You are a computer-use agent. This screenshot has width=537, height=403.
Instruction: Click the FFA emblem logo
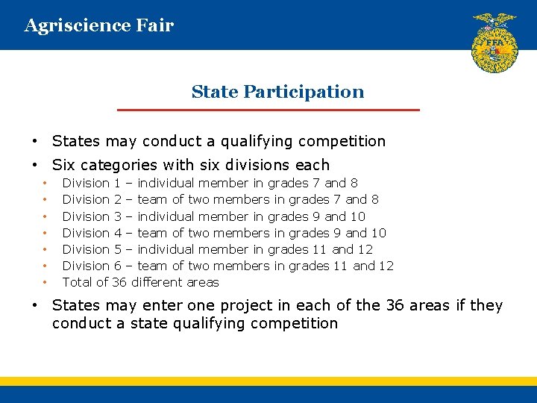494,43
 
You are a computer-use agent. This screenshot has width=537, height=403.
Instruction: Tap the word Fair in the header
155,26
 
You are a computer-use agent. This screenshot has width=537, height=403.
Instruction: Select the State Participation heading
277,92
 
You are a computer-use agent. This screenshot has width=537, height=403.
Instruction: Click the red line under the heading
269,110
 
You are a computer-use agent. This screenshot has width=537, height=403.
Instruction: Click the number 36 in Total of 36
119,282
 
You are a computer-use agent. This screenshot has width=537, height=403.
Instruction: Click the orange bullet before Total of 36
45,283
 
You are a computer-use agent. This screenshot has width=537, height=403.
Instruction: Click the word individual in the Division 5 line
166,249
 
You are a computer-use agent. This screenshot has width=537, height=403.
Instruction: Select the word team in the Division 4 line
153,233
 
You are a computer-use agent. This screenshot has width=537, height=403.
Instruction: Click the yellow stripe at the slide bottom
268,381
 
